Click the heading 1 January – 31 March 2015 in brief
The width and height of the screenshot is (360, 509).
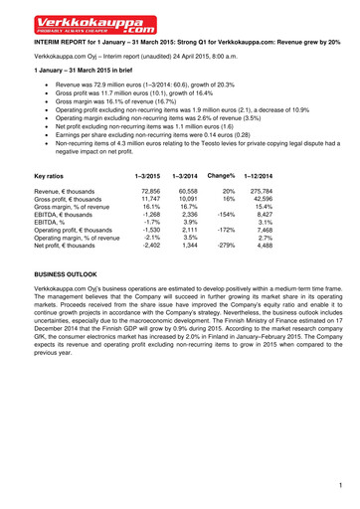(x=90, y=73)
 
